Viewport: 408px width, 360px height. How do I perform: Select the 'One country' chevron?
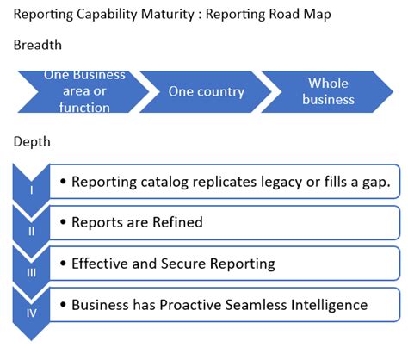[207, 91]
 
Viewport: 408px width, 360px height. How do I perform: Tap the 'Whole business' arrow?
[327, 91]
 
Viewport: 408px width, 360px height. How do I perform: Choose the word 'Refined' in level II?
[176, 222]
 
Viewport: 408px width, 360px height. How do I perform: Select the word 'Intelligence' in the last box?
[331, 305]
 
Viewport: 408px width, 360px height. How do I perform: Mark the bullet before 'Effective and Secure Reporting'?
[63, 264]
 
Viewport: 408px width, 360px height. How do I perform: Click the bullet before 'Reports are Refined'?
[63, 222]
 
